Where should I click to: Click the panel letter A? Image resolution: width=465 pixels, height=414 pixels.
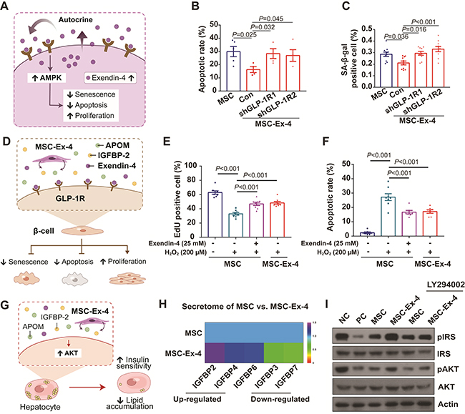(x=8, y=8)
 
